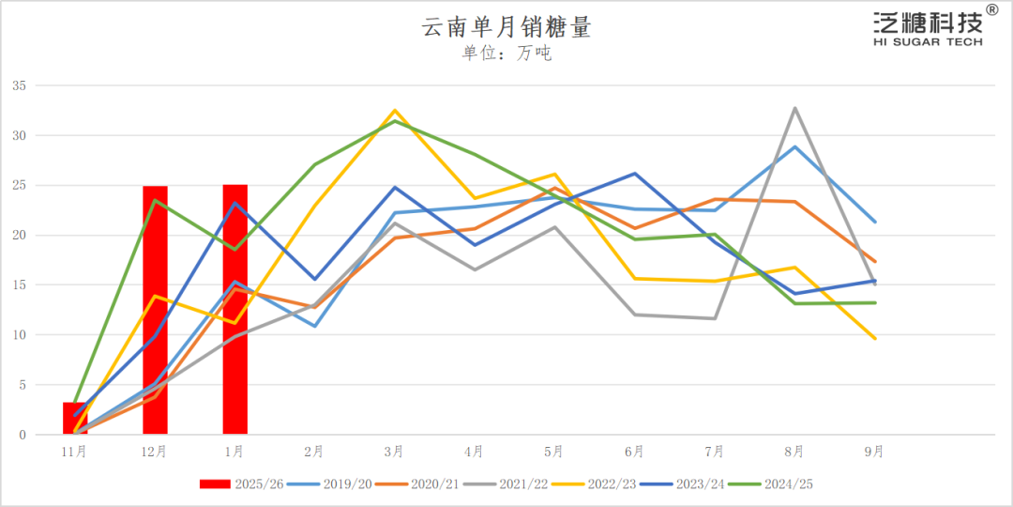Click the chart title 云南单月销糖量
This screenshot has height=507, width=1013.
tap(506, 28)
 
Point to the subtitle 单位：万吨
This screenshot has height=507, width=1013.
tap(506, 54)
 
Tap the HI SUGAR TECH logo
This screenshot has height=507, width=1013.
tap(928, 28)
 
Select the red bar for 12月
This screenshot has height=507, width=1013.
tap(155, 310)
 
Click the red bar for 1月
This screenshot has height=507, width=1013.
tap(234, 310)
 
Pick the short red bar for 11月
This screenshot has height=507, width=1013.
tap(75, 419)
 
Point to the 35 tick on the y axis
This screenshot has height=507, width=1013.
tap(19, 85)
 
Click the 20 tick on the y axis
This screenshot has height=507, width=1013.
tap(19, 235)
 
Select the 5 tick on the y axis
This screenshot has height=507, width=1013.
tap(22, 385)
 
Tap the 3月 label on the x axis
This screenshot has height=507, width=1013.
tap(395, 452)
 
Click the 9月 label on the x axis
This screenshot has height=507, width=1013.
tap(874, 452)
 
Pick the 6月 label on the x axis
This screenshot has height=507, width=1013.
tap(635, 452)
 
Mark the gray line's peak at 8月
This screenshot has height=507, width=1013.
tap(795, 108)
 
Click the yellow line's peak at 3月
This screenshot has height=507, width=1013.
tap(395, 111)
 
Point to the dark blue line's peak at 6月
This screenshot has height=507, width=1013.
tap(635, 174)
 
